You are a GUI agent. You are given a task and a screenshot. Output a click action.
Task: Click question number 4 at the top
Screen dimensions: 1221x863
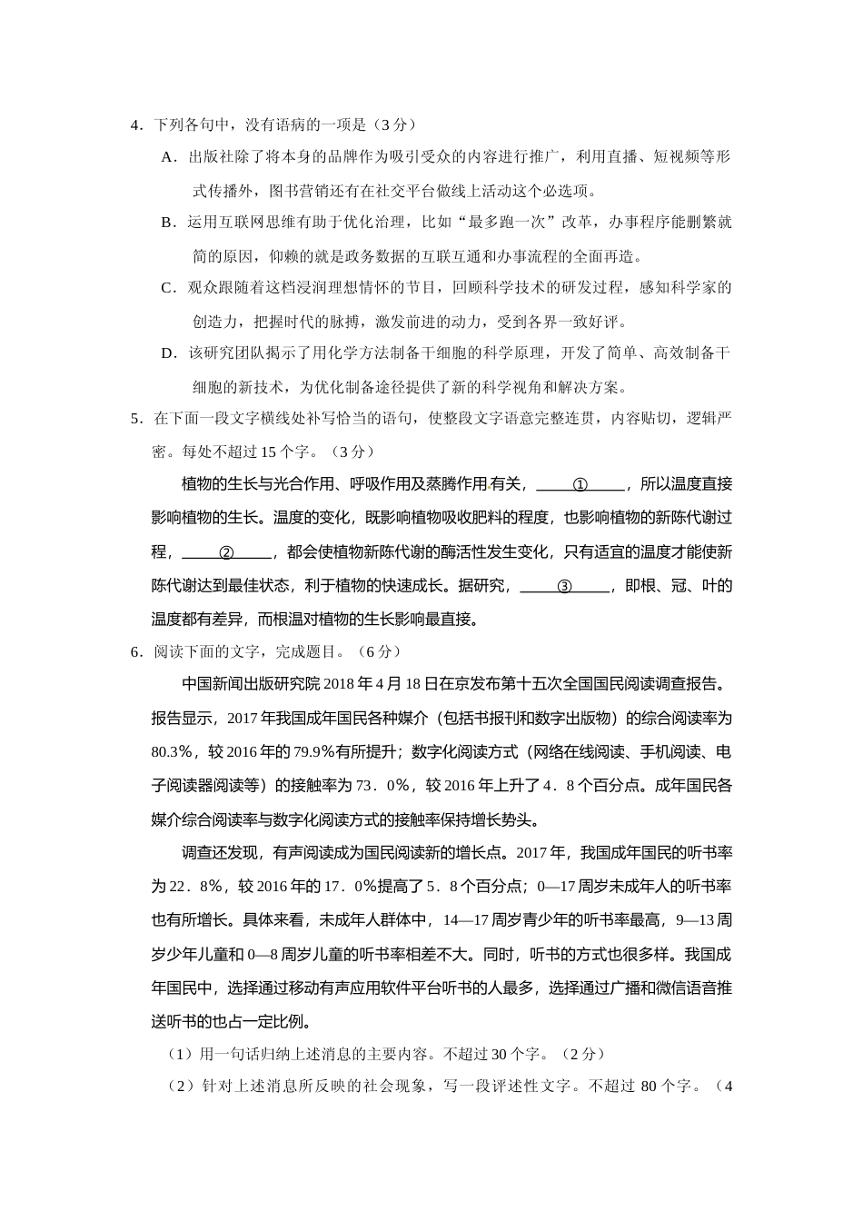134,124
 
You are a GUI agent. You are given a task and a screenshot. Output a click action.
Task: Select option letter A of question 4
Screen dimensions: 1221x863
167,157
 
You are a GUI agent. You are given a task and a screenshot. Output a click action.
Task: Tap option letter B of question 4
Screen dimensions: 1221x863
167,223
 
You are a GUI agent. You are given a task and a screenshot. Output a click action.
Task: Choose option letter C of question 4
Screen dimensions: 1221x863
167,288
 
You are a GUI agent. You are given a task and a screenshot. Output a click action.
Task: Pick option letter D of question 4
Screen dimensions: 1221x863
167,353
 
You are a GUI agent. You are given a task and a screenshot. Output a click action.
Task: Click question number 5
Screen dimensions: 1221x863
134,419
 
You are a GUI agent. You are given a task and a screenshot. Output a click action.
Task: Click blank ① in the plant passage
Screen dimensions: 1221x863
580,484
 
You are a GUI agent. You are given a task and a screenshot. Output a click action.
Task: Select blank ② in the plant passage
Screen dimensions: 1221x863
227,552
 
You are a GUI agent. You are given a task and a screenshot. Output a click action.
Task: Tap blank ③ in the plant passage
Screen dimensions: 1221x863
564,587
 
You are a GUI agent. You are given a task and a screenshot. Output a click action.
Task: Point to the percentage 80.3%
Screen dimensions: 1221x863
173,752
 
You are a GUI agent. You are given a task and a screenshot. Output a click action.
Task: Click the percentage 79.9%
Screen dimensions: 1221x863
315,752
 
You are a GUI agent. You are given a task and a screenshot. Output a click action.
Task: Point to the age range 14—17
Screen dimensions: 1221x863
465,920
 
